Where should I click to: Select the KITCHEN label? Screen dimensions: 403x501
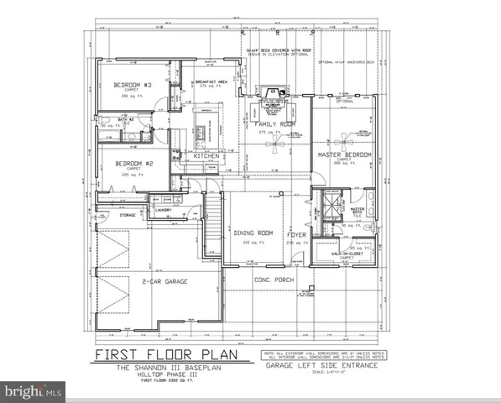pyautogui.click(x=206, y=156)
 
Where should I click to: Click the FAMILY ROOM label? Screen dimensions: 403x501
pyautogui.click(x=270, y=124)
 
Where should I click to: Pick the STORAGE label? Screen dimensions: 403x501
pyautogui.click(x=128, y=215)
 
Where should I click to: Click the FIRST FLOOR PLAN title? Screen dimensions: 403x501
pyautogui.click(x=160, y=354)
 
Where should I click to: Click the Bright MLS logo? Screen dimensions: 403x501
pyautogui.click(x=34, y=390)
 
